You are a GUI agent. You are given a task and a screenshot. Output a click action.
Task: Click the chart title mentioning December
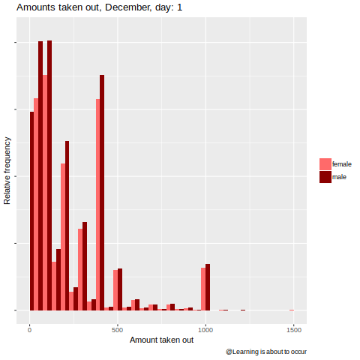[x=99, y=7]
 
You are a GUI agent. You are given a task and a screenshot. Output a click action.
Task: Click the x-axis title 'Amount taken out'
[x=161, y=340]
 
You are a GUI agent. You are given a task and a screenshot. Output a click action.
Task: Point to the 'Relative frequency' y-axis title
[x=7, y=171]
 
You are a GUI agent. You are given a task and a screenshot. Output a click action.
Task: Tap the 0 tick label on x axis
[x=30, y=330]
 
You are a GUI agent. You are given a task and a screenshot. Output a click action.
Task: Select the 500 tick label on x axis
[x=118, y=330]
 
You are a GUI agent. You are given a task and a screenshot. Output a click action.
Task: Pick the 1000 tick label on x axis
[x=205, y=330]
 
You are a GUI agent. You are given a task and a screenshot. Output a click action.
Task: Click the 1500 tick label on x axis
[x=294, y=330]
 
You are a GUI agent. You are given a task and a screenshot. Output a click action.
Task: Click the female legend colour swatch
[x=325, y=164]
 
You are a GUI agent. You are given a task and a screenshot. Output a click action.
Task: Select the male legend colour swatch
[x=325, y=177]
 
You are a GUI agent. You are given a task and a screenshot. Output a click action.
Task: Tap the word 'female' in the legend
[x=342, y=164]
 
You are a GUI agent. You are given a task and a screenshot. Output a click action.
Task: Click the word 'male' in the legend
[x=339, y=177]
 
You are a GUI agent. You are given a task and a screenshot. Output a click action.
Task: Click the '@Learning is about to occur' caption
[x=266, y=352]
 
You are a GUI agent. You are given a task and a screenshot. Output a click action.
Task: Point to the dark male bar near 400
[x=102, y=193]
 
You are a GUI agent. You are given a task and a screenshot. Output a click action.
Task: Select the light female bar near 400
[x=97, y=205]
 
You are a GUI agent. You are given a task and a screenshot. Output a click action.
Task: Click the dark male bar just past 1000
[x=208, y=287]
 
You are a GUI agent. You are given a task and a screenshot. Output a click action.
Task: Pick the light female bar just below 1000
[x=203, y=289]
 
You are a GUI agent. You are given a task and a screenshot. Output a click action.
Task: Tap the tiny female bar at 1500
[x=292, y=310]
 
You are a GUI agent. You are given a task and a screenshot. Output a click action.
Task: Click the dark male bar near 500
[x=120, y=289]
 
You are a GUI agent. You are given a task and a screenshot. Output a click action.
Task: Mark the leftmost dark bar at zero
[x=31, y=211]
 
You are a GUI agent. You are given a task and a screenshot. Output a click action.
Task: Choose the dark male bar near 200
[x=67, y=226]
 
